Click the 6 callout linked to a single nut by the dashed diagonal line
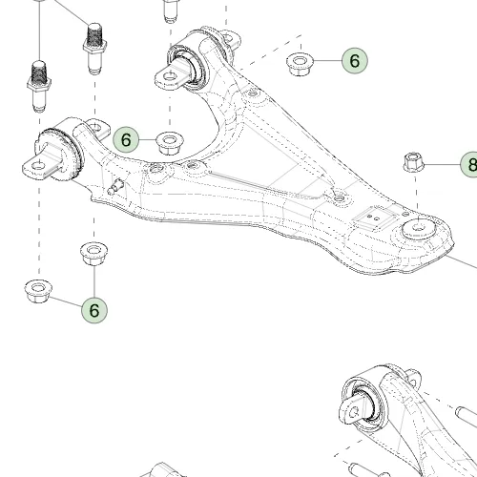click(x=355, y=60)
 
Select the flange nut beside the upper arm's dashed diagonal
click(x=300, y=64)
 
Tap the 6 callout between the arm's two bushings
click(x=126, y=139)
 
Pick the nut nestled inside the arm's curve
click(x=170, y=143)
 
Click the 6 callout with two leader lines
click(x=94, y=310)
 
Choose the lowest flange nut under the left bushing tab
click(x=38, y=291)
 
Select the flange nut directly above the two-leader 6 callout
click(x=93, y=254)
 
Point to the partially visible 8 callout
click(x=469, y=164)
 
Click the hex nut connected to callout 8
click(x=414, y=162)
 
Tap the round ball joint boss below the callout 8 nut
click(x=419, y=228)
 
